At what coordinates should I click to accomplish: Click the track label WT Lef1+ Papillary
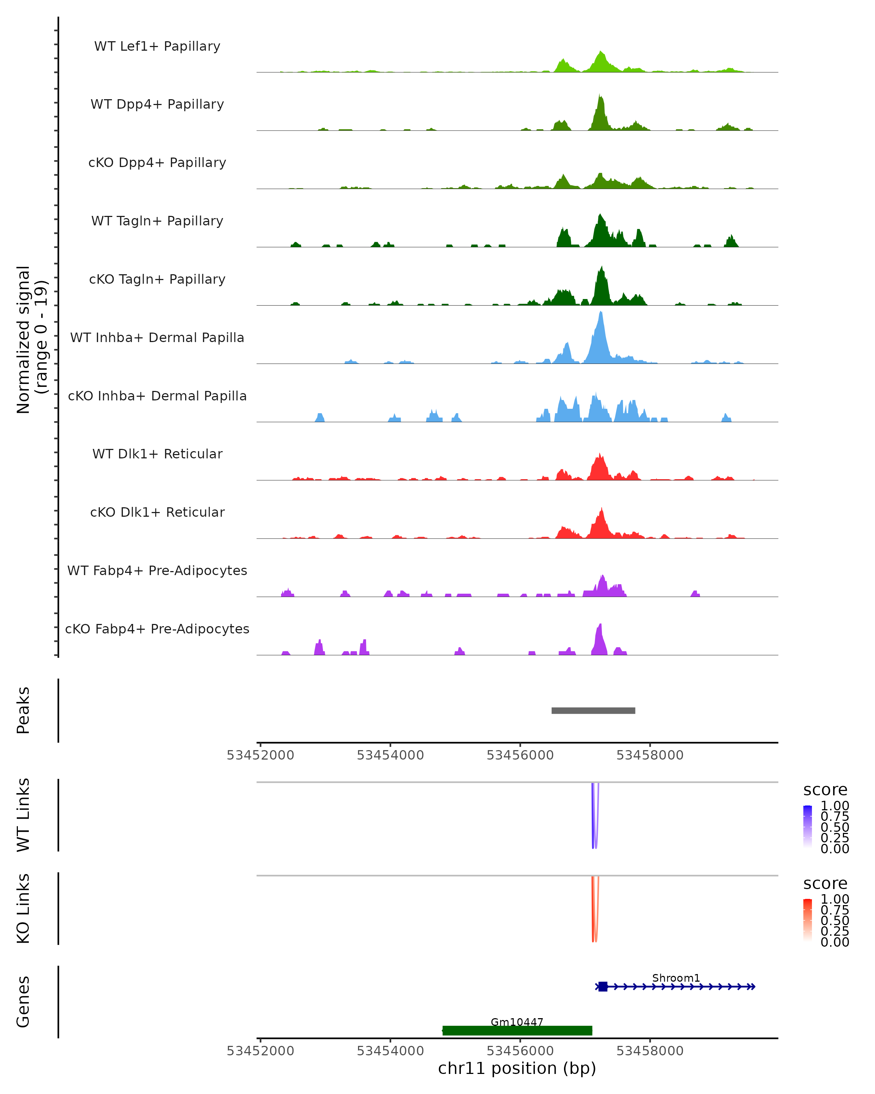(157, 46)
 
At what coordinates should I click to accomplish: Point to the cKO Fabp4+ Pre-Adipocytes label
(157, 629)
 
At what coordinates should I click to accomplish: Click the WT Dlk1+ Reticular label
(157, 454)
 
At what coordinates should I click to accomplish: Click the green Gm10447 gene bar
(517, 1031)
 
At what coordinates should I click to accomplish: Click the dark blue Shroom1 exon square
(603, 986)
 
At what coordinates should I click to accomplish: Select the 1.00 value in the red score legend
(835, 899)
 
